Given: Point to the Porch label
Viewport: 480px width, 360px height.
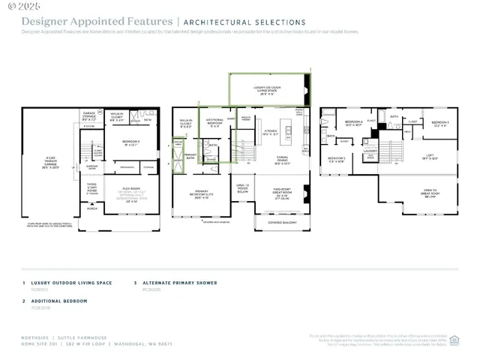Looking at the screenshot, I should (x=92, y=209).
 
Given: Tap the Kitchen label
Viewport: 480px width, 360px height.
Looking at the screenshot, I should (x=270, y=133).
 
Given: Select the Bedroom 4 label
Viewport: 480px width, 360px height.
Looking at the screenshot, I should (x=353, y=123).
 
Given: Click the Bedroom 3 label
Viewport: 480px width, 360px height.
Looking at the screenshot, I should (x=440, y=123).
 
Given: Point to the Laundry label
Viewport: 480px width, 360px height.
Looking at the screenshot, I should (x=370, y=151).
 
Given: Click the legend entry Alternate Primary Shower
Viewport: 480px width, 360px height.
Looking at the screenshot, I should (x=179, y=283).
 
